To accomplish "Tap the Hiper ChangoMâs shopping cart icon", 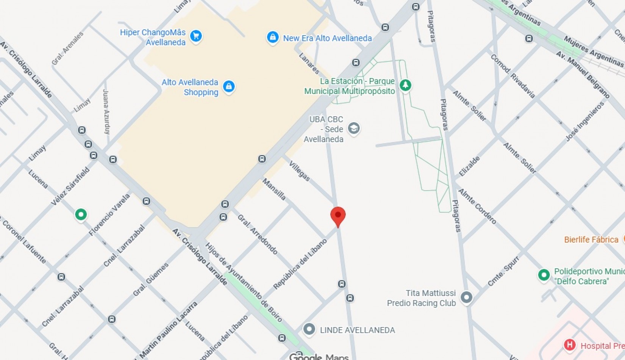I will pyautogui.click(x=196, y=36).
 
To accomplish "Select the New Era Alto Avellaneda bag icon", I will pyautogui.click(x=272, y=38).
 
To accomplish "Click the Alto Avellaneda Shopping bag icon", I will pyautogui.click(x=228, y=87).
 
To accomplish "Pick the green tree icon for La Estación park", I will pyautogui.click(x=405, y=85).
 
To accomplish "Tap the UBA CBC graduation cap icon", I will pyautogui.click(x=353, y=128).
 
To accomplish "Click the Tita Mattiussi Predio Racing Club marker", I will pyautogui.click(x=466, y=297).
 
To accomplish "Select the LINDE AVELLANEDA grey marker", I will pyautogui.click(x=309, y=329).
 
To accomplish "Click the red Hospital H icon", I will pyautogui.click(x=569, y=345).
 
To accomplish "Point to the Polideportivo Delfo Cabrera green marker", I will pyautogui.click(x=544, y=275).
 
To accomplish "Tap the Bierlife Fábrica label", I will pyautogui.click(x=591, y=239).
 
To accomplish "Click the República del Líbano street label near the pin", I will pyautogui.click(x=300, y=264).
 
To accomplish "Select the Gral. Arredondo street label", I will pyautogui.click(x=258, y=234).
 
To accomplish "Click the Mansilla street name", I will pyautogui.click(x=274, y=189).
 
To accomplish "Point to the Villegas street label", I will pyautogui.click(x=299, y=171).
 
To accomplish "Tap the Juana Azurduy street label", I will pyautogui.click(x=106, y=111).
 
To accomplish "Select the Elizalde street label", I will pyautogui.click(x=469, y=166).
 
